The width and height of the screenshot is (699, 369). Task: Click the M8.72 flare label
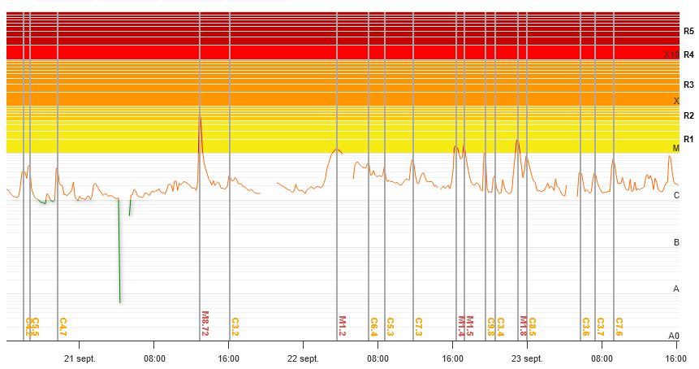[205, 323]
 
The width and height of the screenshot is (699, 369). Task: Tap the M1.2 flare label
[342, 325]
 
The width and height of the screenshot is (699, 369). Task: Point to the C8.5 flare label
[533, 326]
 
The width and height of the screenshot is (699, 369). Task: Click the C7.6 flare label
[619, 326]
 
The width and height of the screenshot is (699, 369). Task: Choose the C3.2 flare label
[235, 326]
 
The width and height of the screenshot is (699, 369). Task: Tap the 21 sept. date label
[80, 358]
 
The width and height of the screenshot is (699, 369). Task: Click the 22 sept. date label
[303, 358]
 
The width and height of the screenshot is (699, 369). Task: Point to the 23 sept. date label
[526, 358]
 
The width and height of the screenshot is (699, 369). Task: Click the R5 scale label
[688, 32]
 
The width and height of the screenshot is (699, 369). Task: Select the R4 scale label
[688, 54]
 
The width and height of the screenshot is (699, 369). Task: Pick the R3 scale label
[688, 85]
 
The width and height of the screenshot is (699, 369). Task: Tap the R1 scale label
[688, 139]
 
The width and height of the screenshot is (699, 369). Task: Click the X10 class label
[671, 54]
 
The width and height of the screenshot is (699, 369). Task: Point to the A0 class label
[673, 336]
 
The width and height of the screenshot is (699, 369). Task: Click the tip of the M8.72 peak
[200, 116]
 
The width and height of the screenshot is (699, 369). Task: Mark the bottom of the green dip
[120, 302]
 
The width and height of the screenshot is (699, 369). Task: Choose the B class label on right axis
[676, 242]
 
